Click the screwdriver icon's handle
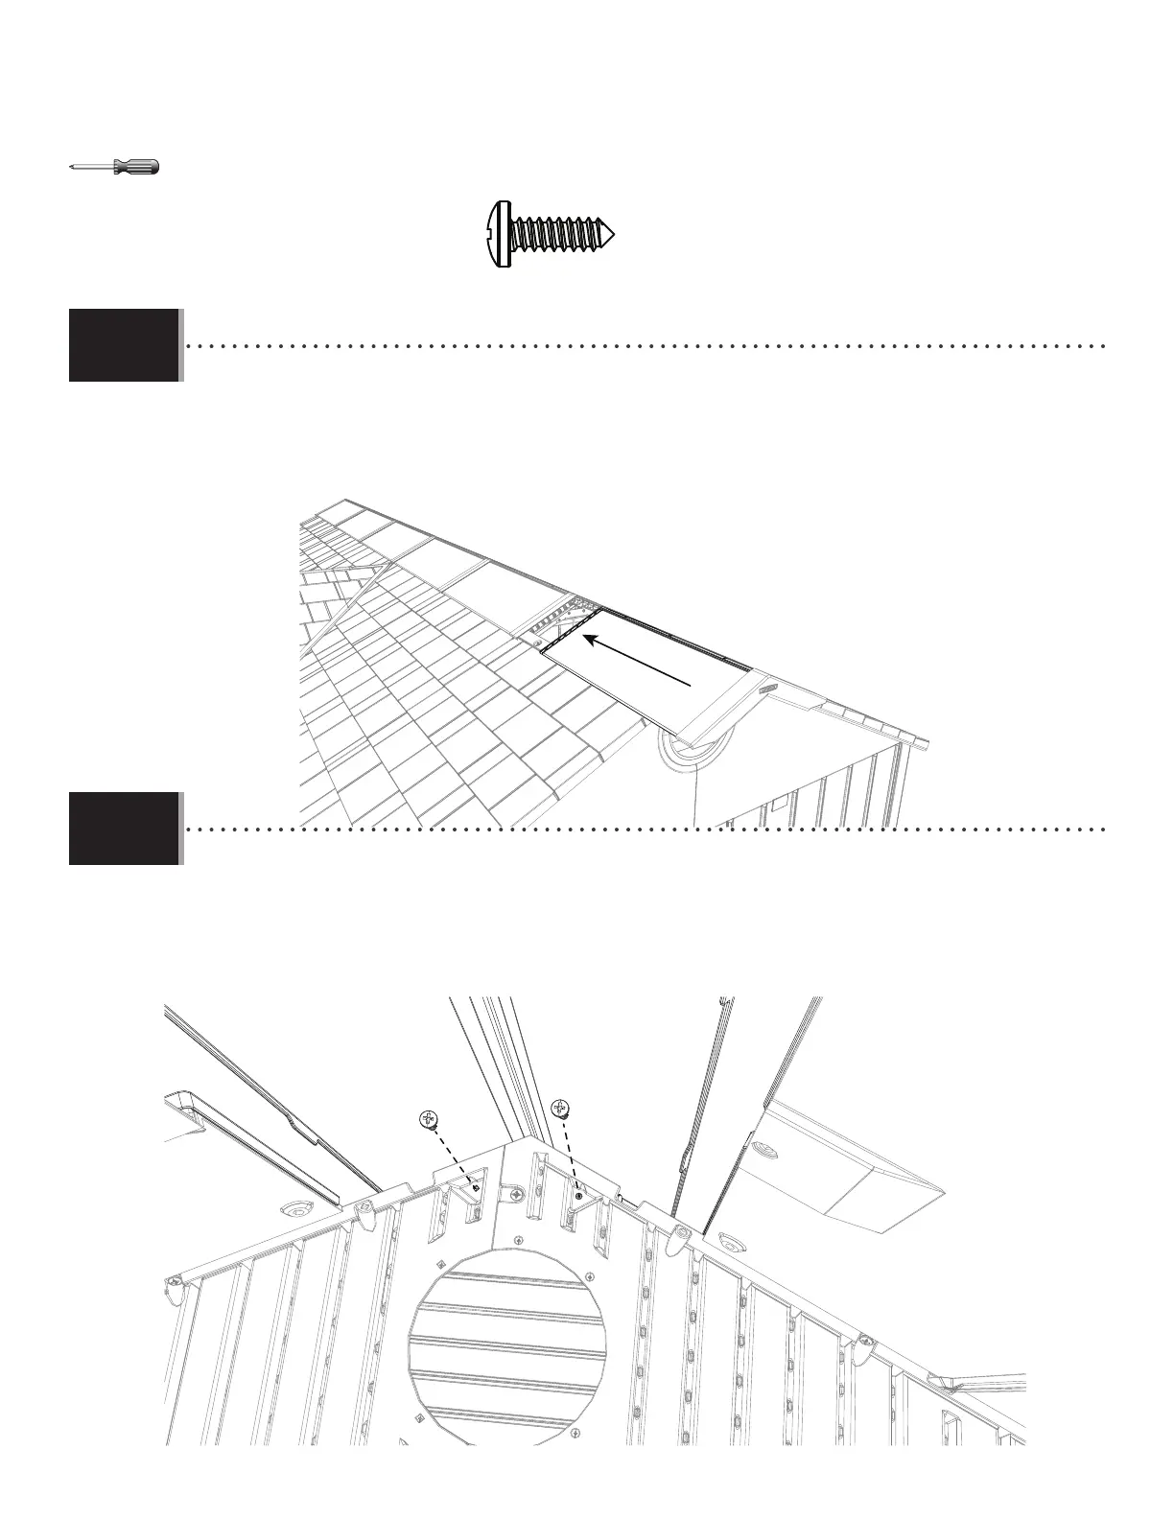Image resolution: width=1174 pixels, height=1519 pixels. click(136, 167)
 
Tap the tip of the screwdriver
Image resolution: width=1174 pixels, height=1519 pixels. click(72, 167)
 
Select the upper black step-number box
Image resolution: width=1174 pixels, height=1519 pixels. click(124, 345)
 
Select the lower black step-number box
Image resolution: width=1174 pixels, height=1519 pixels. click(124, 829)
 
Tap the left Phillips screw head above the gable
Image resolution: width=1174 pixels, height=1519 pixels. click(429, 1118)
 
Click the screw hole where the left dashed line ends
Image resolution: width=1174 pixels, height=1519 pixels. click(476, 1189)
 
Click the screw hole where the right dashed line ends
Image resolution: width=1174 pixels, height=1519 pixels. click(578, 1196)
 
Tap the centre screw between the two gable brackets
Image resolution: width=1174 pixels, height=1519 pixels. click(517, 1196)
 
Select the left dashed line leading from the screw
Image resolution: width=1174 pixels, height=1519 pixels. click(453, 1157)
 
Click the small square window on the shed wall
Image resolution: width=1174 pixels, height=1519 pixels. click(779, 798)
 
